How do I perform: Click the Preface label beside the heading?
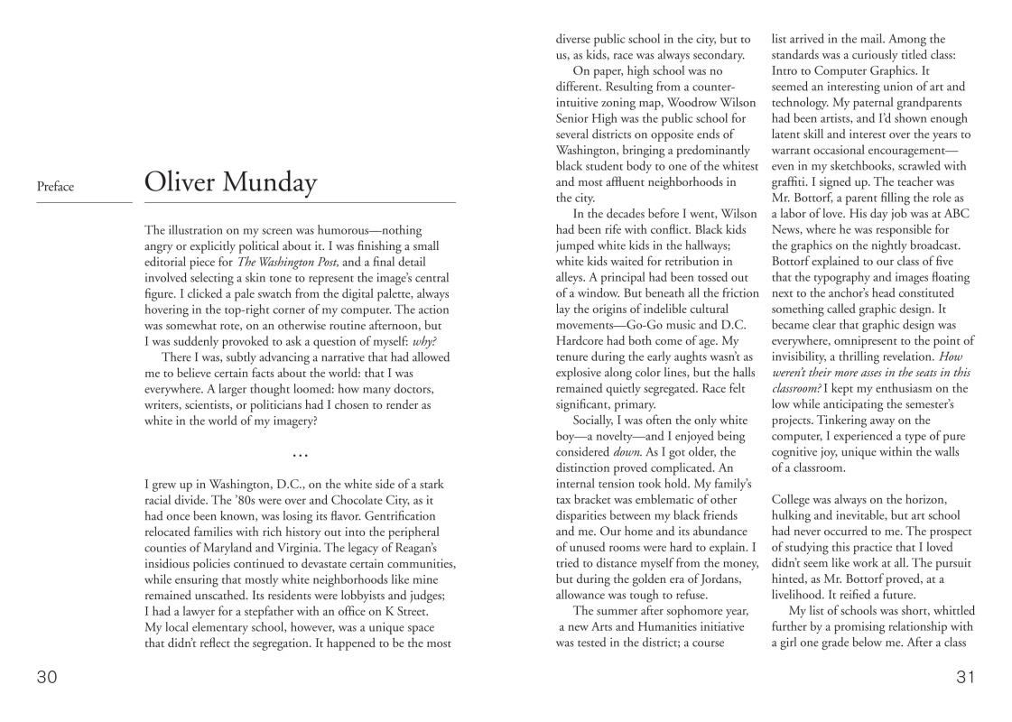point(55,188)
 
